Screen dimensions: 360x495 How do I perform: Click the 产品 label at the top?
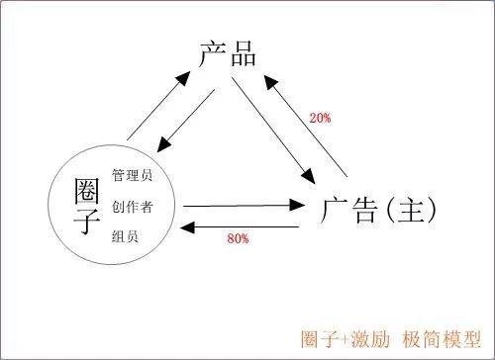click(x=228, y=53)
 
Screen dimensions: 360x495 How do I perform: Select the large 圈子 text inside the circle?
click(x=88, y=206)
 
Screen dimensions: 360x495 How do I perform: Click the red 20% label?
click(x=320, y=119)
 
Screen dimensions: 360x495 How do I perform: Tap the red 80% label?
click(x=238, y=239)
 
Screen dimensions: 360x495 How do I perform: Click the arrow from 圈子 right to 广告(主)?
click(x=243, y=206)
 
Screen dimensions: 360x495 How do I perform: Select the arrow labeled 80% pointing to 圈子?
click(x=243, y=228)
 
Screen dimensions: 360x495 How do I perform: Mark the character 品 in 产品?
click(x=243, y=53)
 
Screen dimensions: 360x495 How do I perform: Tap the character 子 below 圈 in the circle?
click(x=88, y=223)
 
